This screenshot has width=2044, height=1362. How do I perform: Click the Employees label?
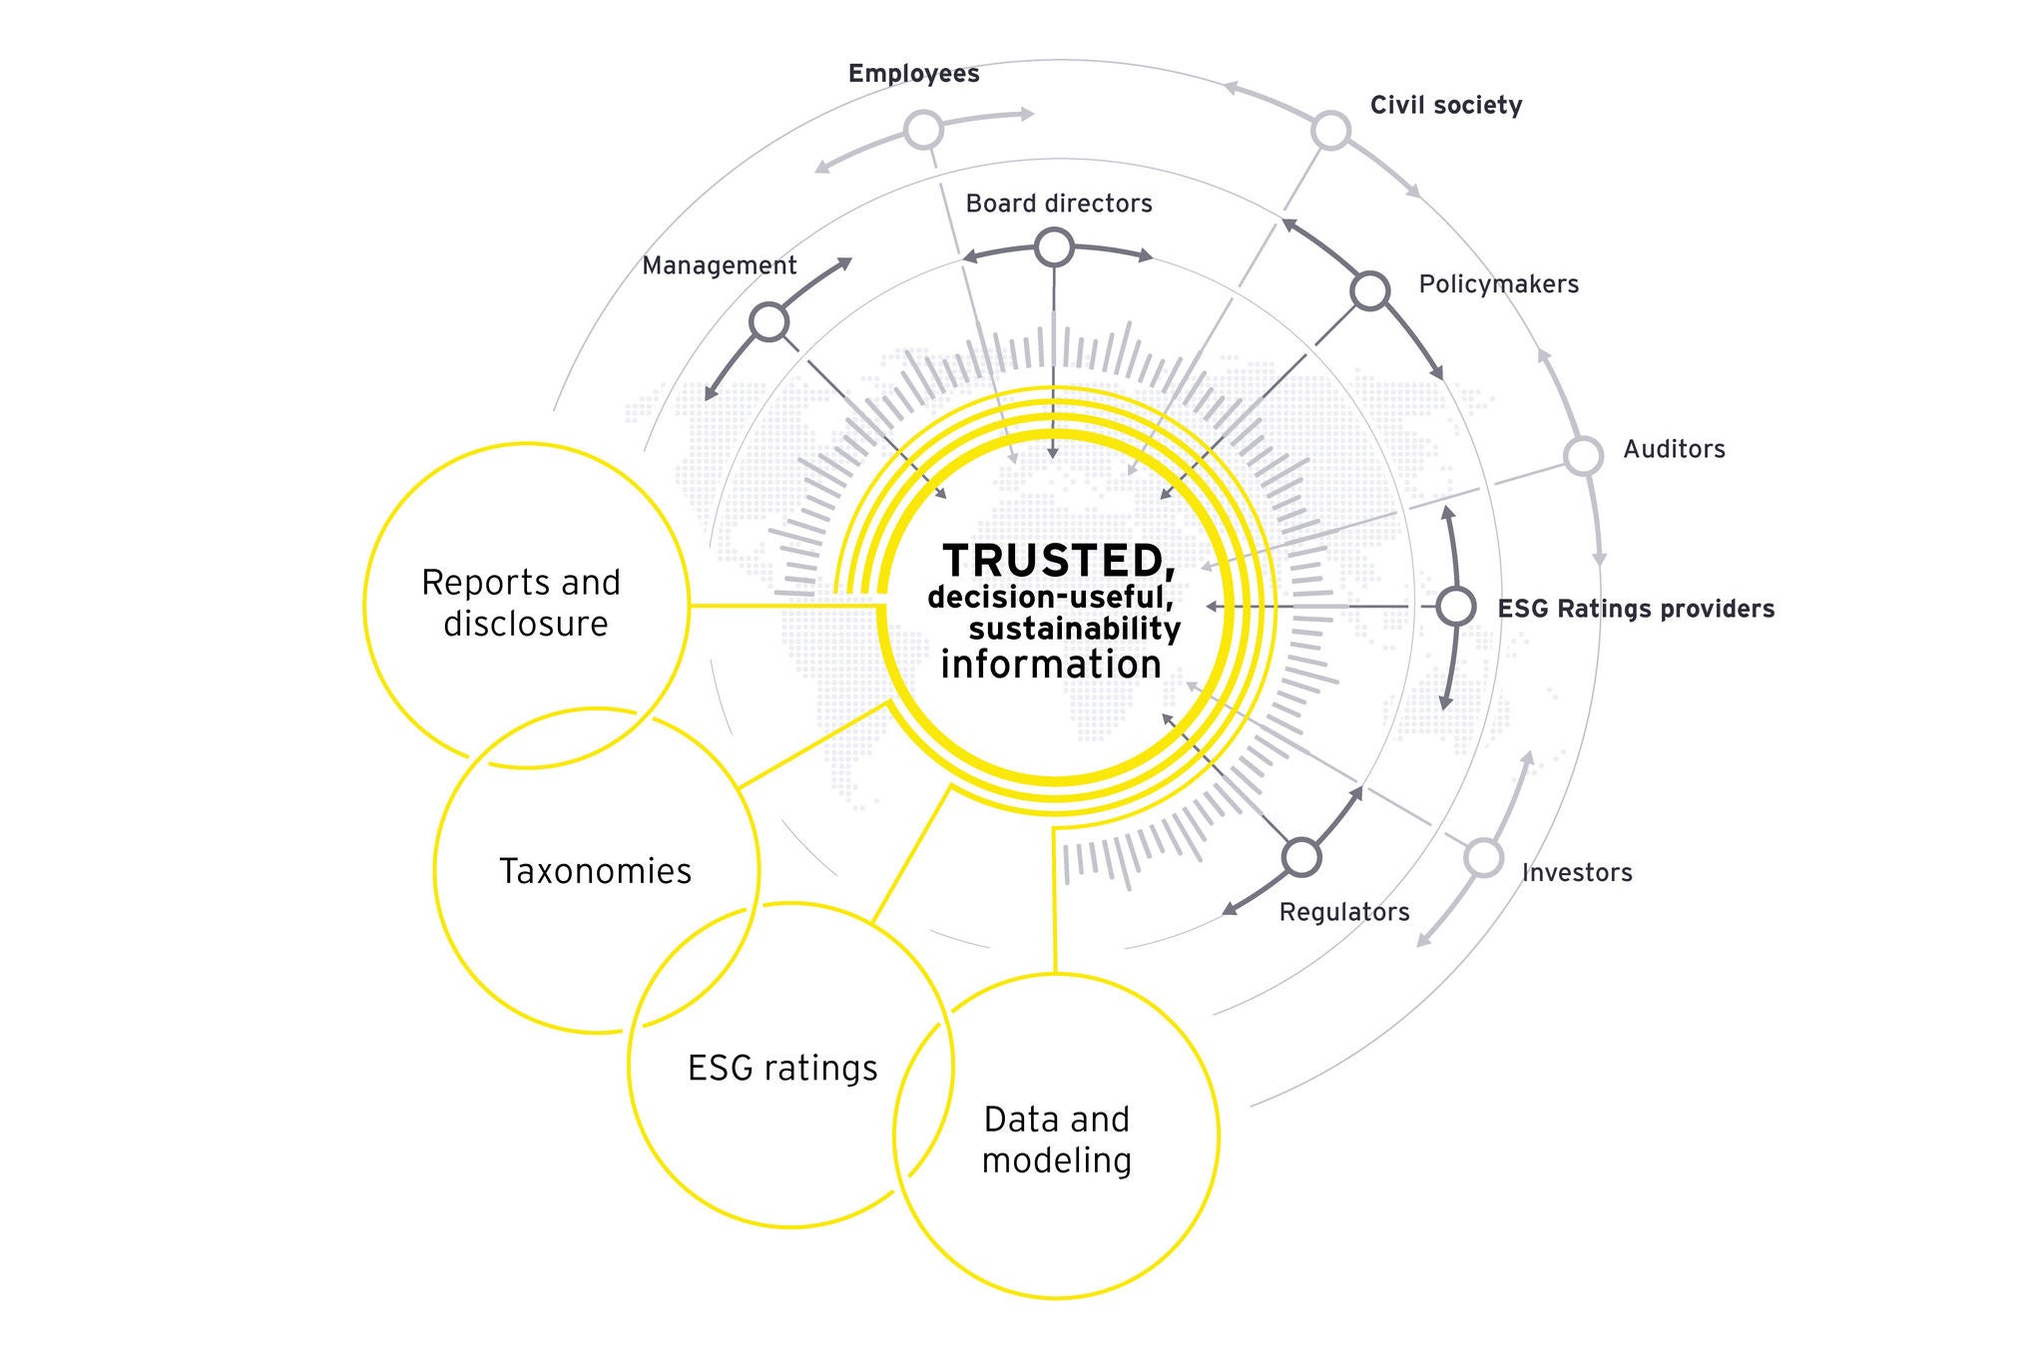click(913, 74)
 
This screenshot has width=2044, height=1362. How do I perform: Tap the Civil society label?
click(1445, 106)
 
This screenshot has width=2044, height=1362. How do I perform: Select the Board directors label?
click(1058, 204)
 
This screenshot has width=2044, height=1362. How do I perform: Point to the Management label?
click(719, 265)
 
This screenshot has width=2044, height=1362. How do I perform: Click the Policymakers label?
click(1498, 284)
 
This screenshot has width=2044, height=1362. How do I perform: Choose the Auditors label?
click(1674, 449)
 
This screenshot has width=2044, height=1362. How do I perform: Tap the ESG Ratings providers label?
click(1636, 609)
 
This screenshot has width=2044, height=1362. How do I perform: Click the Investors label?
click(1577, 873)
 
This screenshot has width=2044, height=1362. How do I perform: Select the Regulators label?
click(1344, 912)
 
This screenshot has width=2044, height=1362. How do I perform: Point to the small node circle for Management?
click(768, 322)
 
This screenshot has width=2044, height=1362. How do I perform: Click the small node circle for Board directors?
click(1054, 246)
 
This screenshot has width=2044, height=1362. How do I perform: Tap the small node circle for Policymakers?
click(1369, 291)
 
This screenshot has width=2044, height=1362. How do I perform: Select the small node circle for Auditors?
click(1582, 456)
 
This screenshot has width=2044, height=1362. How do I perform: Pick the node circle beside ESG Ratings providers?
click(1455, 607)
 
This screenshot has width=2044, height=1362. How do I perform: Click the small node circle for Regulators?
click(1300, 856)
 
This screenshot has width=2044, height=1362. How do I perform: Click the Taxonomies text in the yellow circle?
click(595, 871)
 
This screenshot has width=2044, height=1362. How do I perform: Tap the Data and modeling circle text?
click(1056, 1139)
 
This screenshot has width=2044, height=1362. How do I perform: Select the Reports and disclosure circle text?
click(522, 603)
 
